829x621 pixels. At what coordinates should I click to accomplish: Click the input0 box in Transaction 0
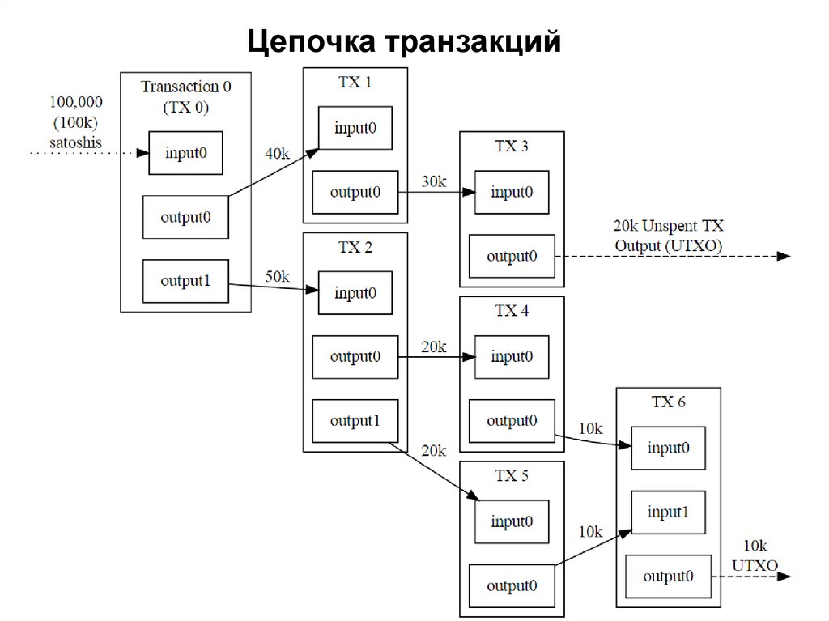pos(185,152)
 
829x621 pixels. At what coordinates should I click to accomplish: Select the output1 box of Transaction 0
pos(185,281)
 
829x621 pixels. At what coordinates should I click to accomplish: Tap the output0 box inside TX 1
pos(355,193)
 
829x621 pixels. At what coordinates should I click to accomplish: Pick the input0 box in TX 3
pos(512,193)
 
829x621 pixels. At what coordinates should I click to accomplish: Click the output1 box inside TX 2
pos(355,421)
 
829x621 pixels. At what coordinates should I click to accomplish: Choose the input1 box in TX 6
pos(668,512)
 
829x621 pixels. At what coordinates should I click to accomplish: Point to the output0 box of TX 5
pos(512,585)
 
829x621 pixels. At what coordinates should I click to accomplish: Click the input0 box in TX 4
pos(512,356)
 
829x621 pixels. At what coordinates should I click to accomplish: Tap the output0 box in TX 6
pos(668,576)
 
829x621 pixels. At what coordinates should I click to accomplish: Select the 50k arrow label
pos(277,276)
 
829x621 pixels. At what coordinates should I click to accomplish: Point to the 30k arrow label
pos(433,181)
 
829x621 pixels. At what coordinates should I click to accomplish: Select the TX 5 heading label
pos(512,476)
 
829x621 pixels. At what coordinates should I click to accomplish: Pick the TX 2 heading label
pos(355,248)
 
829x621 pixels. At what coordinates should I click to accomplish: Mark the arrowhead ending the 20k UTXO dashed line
pos(783,256)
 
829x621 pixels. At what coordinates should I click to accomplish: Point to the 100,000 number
pos(76,103)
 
